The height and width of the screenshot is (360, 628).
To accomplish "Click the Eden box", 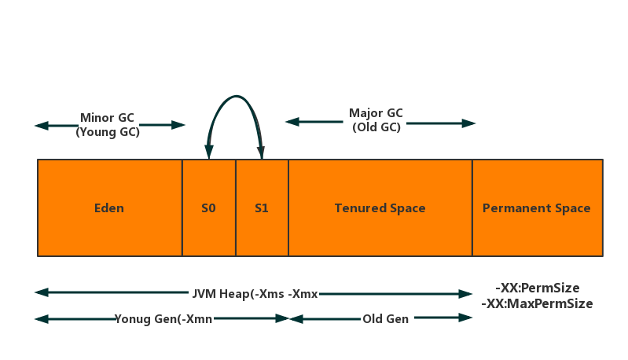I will point(109,208).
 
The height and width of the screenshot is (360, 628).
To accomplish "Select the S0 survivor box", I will point(208,208).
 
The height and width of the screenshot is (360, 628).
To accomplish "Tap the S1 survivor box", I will point(262,208).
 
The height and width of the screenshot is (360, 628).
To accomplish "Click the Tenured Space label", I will point(380,208).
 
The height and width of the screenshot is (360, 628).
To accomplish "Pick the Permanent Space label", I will point(536,208).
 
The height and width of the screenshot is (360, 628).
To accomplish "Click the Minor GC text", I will point(107,118).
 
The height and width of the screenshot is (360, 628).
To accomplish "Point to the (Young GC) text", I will point(108,132).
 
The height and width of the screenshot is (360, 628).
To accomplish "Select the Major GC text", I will point(376,113).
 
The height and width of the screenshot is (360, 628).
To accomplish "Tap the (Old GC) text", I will point(376,127).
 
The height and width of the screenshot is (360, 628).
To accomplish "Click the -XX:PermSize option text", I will point(538,288).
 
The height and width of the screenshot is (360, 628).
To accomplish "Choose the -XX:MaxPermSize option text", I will point(537,303).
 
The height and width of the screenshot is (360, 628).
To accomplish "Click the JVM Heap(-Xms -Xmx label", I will point(255,293).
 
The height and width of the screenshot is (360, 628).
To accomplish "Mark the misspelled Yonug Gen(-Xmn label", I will point(163,319).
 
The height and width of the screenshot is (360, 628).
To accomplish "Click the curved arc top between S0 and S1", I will point(235,97).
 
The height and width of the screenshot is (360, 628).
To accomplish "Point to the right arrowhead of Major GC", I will point(470,123).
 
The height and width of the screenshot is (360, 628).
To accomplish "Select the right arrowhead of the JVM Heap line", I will point(467,294).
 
